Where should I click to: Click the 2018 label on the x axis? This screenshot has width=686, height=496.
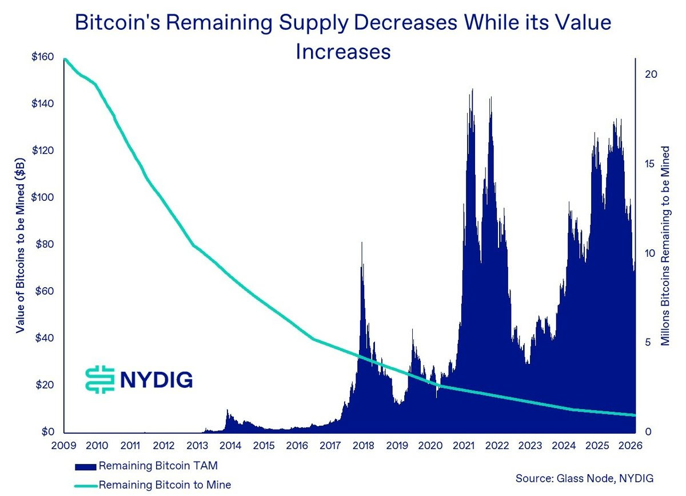363,446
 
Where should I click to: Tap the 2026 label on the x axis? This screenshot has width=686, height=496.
628,446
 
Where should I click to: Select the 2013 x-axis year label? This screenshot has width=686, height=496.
197,446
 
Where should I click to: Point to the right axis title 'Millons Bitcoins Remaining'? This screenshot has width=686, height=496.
665,246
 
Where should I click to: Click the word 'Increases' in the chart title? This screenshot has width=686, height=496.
342,51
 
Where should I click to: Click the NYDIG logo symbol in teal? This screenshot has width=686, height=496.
99,379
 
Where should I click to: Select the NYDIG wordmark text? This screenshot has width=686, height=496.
156,379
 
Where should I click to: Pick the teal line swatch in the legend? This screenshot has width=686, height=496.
85,485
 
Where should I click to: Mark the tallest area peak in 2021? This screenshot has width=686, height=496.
472,90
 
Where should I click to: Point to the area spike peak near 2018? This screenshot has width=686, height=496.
361,243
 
